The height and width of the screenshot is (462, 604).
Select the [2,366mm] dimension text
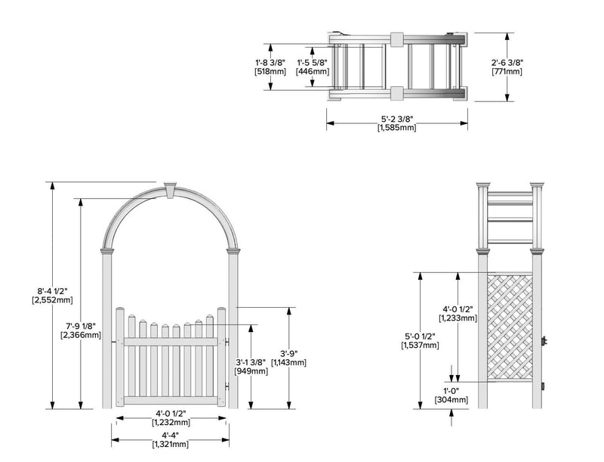[80, 335]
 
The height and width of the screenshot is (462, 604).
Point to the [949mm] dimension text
[251, 371]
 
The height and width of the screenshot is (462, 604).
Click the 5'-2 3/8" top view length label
[396, 119]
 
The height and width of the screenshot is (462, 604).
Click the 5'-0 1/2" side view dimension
[421, 335]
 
